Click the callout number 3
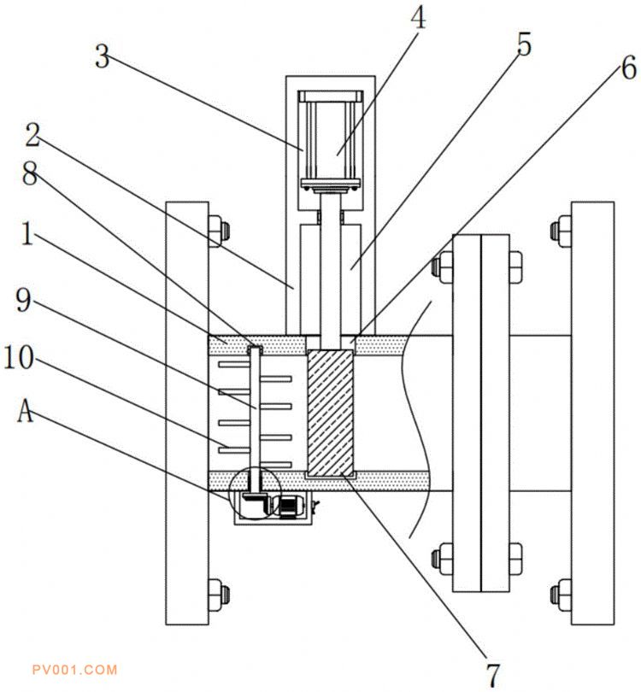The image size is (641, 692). pos(103,57)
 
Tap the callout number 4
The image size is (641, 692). pos(418,18)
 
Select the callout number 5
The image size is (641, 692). pos(524,44)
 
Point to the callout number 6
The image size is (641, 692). pos(629,69)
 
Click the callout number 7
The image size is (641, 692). pos(492,674)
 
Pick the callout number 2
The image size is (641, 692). pos(32,135)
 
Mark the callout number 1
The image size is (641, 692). pos(27,233)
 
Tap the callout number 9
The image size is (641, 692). pos(24,300)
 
